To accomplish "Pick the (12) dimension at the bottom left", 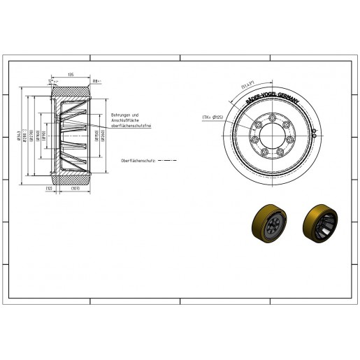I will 49,188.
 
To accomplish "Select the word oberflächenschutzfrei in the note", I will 130,124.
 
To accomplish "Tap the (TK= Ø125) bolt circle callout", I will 212,116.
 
